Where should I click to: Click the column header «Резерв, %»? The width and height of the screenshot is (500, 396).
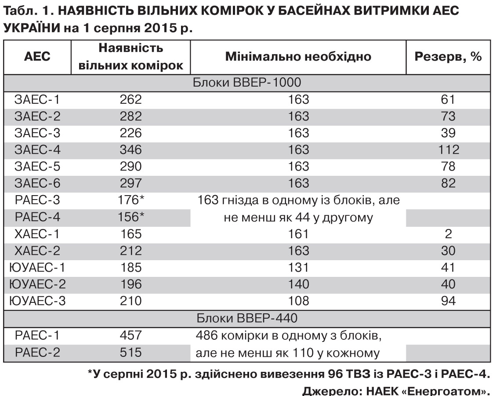[448, 57]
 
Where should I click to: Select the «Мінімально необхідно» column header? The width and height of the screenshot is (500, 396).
[298, 57]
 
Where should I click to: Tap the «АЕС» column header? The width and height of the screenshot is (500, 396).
[37, 57]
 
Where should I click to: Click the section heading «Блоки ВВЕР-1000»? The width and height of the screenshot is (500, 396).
[248, 83]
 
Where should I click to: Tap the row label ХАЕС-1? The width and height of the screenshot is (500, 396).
[37, 234]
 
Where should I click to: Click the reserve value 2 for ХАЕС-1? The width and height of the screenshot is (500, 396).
[448, 234]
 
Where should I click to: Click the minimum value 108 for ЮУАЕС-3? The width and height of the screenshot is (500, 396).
[298, 301]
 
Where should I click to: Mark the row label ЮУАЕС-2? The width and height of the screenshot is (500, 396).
[37, 284]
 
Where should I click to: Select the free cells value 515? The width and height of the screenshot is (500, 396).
[131, 352]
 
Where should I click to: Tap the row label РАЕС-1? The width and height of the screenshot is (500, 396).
[37, 335]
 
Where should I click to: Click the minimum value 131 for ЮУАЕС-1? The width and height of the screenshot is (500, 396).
[298, 268]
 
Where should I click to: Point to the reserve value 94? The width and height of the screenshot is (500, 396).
[448, 301]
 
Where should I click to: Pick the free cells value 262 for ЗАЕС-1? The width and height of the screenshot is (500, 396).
[131, 100]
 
